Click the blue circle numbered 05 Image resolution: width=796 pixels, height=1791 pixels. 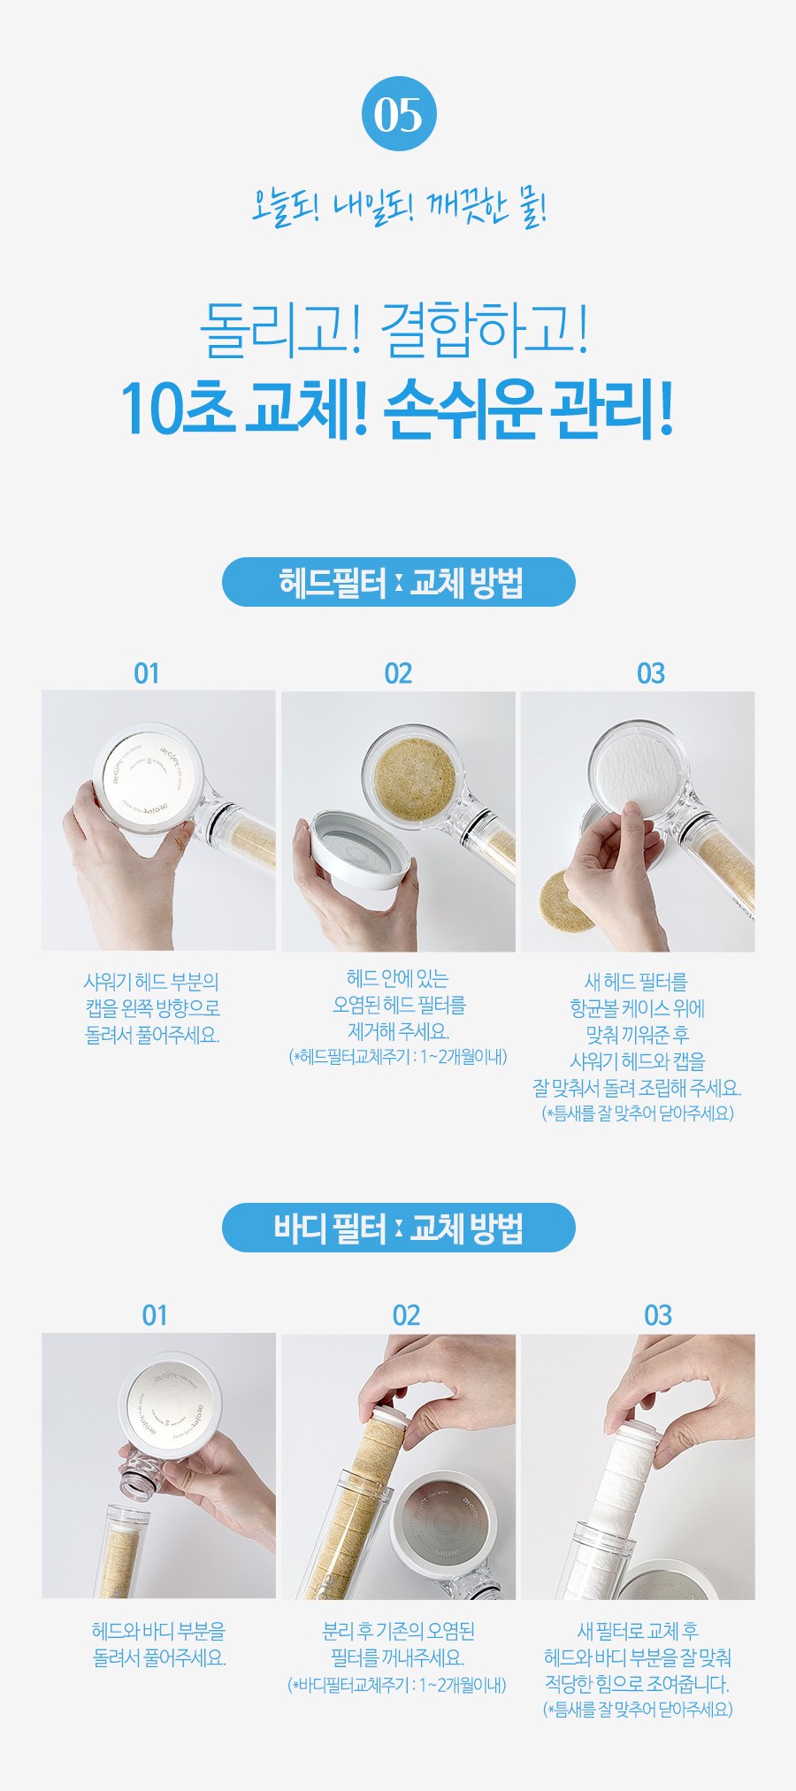[399, 114]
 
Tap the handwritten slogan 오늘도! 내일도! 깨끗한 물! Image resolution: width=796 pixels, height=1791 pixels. [399, 209]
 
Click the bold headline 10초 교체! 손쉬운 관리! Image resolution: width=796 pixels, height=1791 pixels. [398, 409]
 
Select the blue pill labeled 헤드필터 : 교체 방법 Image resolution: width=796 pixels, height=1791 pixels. [398, 582]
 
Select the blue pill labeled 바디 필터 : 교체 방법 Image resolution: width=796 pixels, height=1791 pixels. [398, 1228]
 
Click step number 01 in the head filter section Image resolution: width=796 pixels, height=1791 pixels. [147, 674]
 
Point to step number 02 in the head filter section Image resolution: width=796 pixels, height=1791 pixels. [398, 674]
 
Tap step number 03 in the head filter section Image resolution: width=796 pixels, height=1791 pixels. [651, 674]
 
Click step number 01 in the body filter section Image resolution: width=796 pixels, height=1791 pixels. [155, 1316]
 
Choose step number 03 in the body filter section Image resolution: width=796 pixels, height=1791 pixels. [658, 1316]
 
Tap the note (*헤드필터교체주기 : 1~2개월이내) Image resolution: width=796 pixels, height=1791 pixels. [398, 1057]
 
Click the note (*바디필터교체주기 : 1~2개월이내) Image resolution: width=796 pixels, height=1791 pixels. [398, 1685]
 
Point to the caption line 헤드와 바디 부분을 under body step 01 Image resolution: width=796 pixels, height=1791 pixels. [159, 1630]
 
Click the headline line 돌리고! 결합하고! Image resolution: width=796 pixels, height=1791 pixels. [394, 329]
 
